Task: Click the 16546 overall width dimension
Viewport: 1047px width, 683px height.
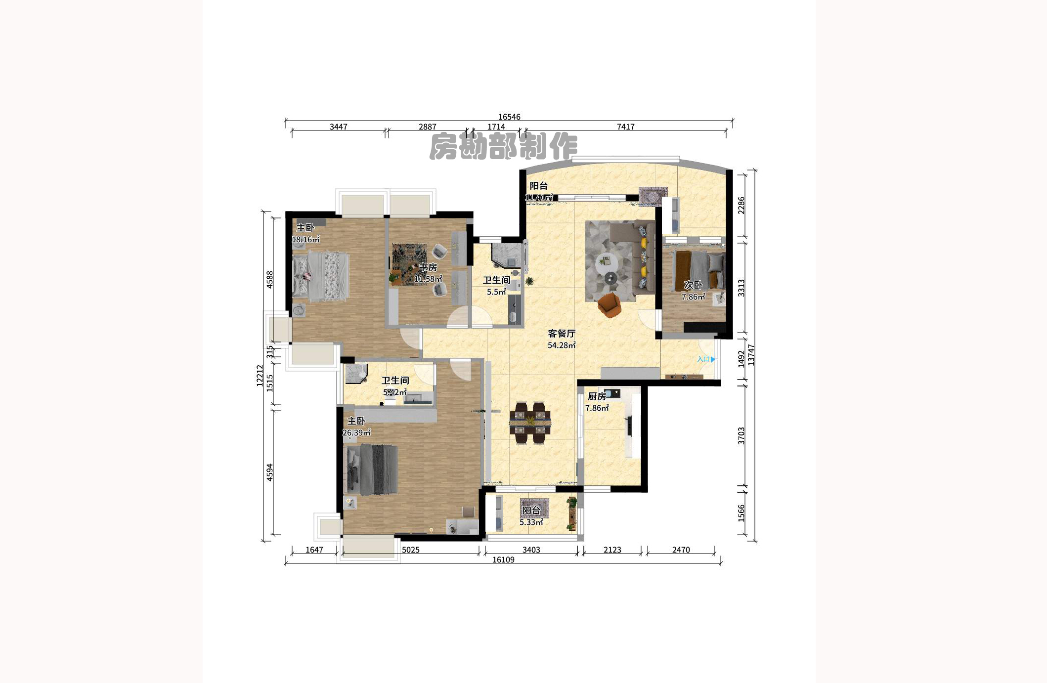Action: coord(509,117)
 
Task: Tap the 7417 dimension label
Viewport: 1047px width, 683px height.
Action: coord(625,127)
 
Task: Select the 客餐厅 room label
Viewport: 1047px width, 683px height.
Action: coord(561,334)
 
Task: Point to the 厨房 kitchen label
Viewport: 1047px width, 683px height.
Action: coord(597,396)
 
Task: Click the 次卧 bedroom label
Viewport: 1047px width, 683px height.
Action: coord(693,285)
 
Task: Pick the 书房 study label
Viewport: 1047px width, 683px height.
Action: coord(428,267)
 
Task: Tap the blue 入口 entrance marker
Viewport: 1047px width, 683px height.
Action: coord(705,359)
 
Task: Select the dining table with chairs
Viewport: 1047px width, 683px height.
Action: coord(530,423)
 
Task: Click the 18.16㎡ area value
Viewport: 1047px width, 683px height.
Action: coord(305,240)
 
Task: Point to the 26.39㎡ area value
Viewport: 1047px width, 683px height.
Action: coord(356,433)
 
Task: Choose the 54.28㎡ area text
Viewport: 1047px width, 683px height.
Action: coord(561,345)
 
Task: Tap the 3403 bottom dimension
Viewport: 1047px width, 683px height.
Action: coord(531,550)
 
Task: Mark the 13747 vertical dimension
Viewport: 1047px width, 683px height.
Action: coord(751,355)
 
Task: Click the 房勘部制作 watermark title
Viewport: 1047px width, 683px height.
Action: coord(503,146)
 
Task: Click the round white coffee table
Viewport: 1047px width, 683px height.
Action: coord(606,261)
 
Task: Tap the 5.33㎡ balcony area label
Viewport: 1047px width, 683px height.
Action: coord(531,522)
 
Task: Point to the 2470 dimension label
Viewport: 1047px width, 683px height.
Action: coord(681,550)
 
